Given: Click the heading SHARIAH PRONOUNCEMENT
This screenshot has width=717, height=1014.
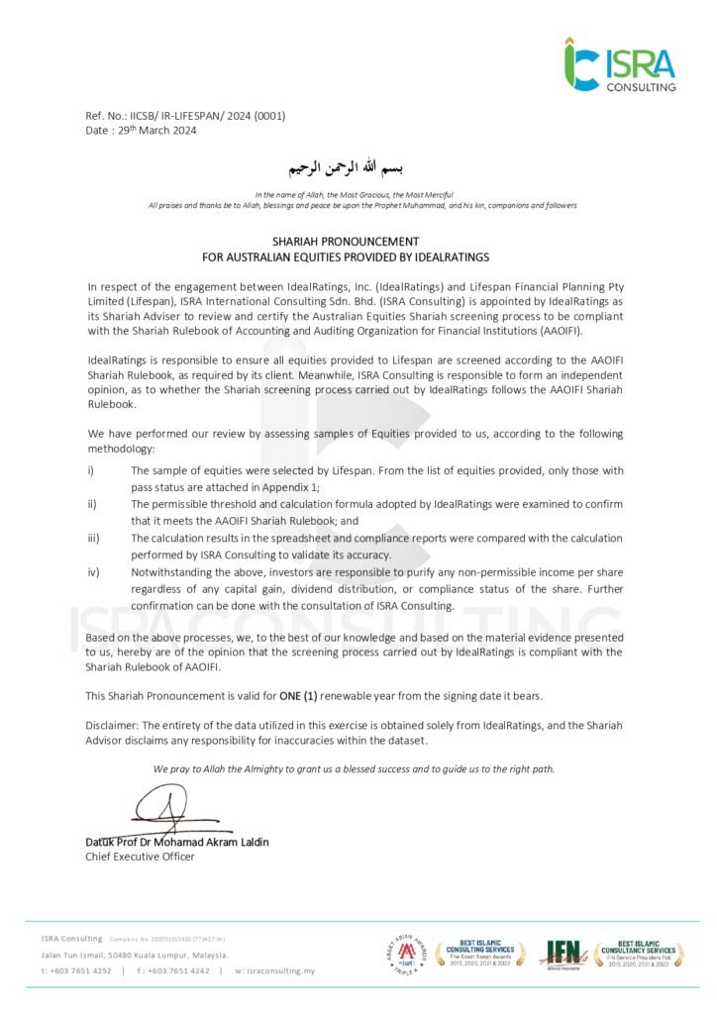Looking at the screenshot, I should pyautogui.click(x=346, y=242).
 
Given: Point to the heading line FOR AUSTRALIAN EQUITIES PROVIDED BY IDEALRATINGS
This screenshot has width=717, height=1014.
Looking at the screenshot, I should pyautogui.click(x=346, y=256).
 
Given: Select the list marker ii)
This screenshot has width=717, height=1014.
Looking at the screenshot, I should pyautogui.click(x=91, y=504).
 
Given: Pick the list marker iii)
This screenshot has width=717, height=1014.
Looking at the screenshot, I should pyautogui.click(x=92, y=539).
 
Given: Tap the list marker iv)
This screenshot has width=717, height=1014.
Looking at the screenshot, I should pyautogui.click(x=92, y=572).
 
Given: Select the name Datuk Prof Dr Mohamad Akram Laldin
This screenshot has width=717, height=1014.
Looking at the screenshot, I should pyautogui.click(x=176, y=842).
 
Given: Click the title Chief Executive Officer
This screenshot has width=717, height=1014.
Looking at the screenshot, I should pyautogui.click(x=140, y=857).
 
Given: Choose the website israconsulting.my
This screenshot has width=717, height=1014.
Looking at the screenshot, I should pyautogui.click(x=280, y=971).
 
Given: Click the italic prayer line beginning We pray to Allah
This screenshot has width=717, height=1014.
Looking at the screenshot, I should pyautogui.click(x=354, y=768).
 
